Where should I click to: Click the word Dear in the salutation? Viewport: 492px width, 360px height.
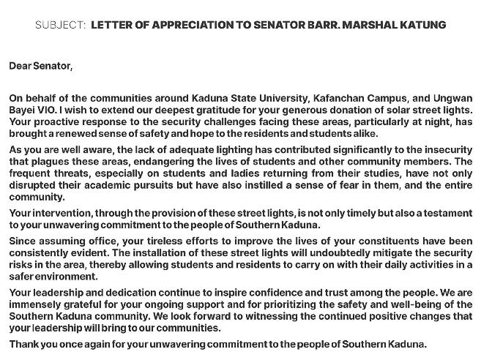20,67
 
